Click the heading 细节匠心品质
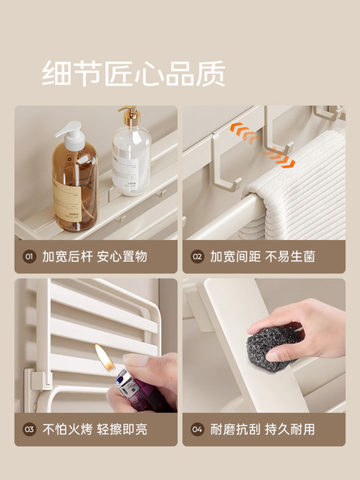click(133, 73)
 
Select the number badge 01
click(29, 256)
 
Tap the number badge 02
click(197, 256)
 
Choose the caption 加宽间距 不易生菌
click(262, 256)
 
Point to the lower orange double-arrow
click(280, 157)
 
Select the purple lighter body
click(132, 394)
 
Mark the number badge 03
click(29, 430)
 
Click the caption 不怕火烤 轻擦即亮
click(95, 430)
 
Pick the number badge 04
click(197, 430)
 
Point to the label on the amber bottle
click(67, 195)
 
